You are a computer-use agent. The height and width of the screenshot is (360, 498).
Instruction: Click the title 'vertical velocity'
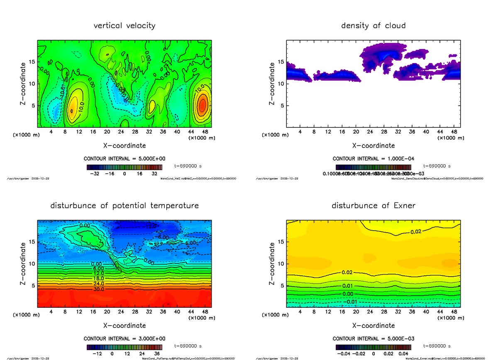(124, 26)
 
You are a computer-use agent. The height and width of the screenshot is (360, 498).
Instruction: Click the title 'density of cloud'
(373, 26)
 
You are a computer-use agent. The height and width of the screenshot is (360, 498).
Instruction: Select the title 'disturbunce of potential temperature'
(124, 206)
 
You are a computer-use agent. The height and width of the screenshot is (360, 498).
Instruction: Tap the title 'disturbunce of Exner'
(373, 206)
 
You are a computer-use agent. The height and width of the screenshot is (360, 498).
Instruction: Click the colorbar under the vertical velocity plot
(124, 167)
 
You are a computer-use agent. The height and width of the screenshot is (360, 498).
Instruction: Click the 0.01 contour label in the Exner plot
(348, 286)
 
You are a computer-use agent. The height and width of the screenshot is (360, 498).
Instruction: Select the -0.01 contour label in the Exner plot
(352, 302)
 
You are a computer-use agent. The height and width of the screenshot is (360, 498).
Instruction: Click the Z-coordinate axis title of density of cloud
(272, 83)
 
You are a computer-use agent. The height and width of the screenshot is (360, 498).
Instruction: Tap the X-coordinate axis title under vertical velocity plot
(124, 146)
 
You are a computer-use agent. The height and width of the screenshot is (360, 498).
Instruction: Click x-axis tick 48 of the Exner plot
(454, 311)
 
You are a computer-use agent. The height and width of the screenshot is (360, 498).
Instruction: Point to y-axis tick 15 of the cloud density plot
(281, 62)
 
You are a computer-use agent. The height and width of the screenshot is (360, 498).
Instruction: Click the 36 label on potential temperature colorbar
(157, 354)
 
